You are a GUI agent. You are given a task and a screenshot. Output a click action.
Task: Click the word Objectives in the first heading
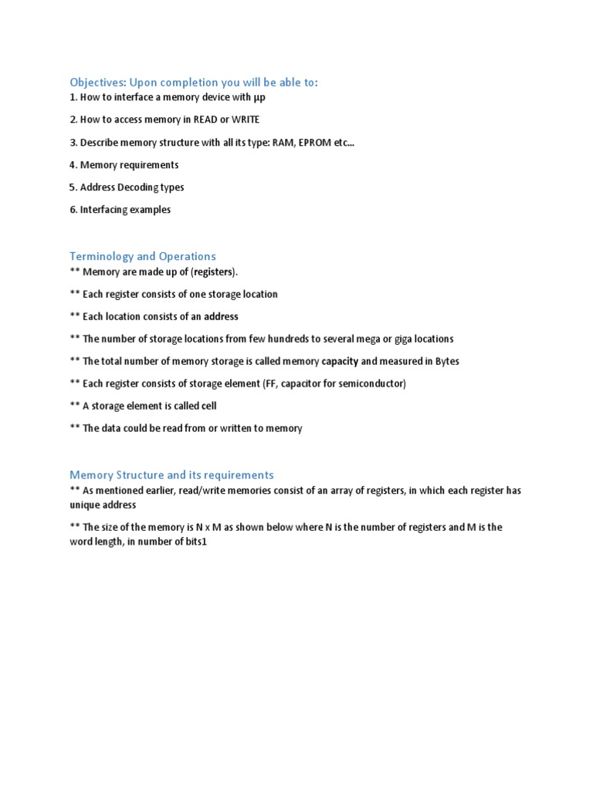pos(97,83)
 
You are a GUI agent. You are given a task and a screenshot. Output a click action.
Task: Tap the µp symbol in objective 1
pos(259,98)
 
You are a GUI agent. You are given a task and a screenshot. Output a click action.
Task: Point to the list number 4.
pos(73,165)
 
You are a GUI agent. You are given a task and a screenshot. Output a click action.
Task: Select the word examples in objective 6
pos(149,210)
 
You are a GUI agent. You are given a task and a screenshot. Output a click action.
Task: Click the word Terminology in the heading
pos(102,256)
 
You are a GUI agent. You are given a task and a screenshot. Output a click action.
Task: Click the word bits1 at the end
pos(195,542)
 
